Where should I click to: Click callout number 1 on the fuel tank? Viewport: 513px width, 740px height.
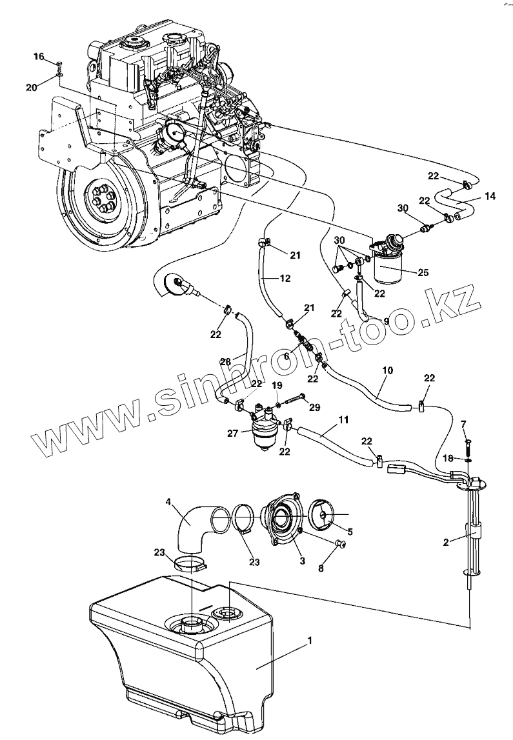pyautogui.click(x=310, y=640)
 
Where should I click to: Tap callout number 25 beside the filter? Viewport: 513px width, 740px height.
pyautogui.click(x=423, y=272)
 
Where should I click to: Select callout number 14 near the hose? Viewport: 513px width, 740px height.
pyautogui.click(x=491, y=196)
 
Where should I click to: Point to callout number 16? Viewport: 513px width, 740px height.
pyautogui.click(x=39, y=57)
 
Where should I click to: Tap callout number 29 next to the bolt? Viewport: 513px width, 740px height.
pyautogui.click(x=314, y=407)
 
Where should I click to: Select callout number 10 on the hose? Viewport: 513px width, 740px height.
pyautogui.click(x=387, y=372)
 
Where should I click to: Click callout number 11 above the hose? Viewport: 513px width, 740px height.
pyautogui.click(x=344, y=420)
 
